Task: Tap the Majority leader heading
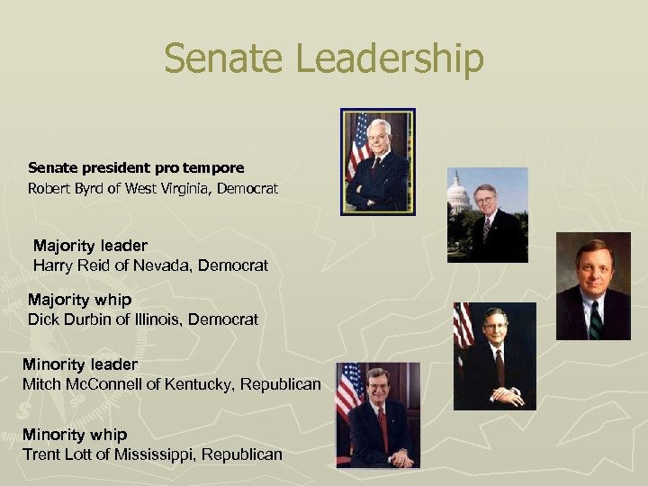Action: (90, 245)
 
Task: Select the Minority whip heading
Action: (75, 435)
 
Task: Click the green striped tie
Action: (595, 319)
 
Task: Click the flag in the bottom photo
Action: (347, 396)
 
